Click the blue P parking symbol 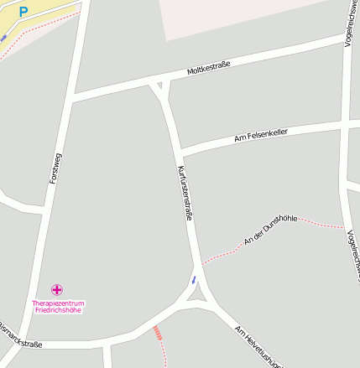click(x=23, y=12)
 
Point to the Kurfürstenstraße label click(x=185, y=193)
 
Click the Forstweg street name click(x=55, y=168)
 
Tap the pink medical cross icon click(x=58, y=290)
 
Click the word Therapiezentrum click(x=58, y=303)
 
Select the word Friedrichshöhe click(x=58, y=310)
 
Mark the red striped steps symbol click(x=157, y=333)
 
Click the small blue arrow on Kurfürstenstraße click(x=194, y=279)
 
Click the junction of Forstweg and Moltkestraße click(x=75, y=97)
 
